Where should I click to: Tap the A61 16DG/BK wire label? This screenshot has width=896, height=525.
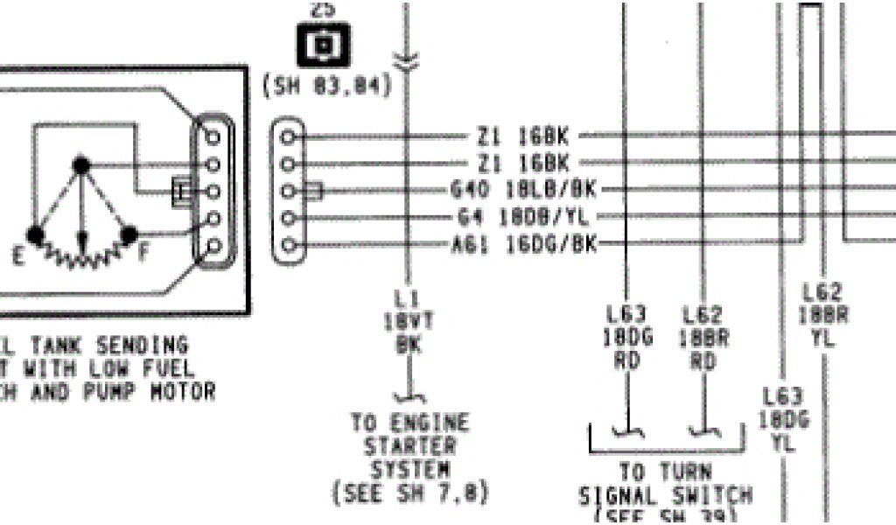523,244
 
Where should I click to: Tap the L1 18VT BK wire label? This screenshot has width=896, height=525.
403,320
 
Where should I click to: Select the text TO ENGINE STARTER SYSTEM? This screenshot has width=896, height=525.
409,445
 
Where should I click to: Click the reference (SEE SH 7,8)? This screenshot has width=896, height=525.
409,492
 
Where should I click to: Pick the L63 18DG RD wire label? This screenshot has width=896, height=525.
627,337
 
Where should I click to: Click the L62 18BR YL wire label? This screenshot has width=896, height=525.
822,315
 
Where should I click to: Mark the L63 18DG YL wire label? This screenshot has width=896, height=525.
783,420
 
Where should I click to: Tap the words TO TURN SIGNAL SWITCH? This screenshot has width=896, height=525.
665,484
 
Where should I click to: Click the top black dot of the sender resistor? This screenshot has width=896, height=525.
81,164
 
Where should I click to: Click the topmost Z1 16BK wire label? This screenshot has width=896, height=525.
522,136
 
